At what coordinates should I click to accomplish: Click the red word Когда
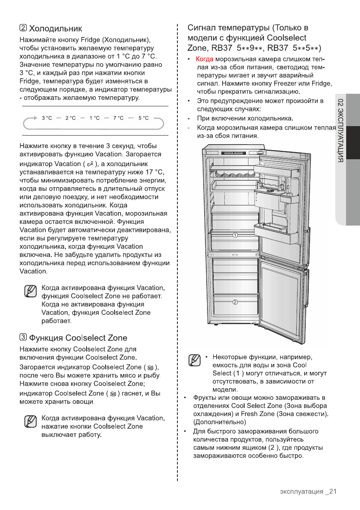[205, 59]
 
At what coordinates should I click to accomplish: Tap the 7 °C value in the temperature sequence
[118, 118]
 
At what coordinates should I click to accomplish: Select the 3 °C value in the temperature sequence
[47, 118]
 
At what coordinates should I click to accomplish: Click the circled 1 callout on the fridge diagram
[236, 235]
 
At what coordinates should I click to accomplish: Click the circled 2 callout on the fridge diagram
[236, 301]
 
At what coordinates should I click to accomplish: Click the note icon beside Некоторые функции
[195, 360]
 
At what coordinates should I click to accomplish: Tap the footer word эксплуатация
[301, 492]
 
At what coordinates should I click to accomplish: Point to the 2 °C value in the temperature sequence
[70, 118]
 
